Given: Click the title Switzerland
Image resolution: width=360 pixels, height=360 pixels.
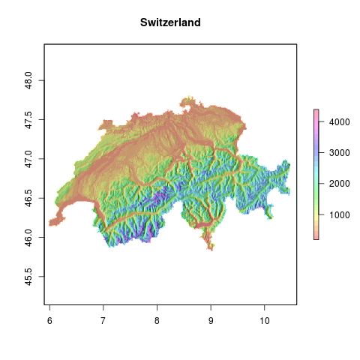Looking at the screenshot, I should tap(170, 23).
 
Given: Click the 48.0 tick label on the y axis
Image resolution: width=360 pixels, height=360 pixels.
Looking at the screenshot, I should tap(28, 80).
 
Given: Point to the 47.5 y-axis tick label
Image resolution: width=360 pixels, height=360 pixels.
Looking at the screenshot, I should tap(28, 119).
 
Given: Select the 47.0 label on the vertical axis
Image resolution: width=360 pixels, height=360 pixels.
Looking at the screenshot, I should tap(28, 159).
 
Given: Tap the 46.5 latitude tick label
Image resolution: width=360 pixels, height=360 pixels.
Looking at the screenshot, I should tap(28, 198).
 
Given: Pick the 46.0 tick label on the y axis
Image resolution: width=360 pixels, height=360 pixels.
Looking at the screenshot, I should tap(28, 238).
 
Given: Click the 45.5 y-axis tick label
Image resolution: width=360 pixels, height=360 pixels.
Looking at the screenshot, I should tap(28, 277).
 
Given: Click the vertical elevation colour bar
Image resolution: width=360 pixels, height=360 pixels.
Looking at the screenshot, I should tap(316, 174).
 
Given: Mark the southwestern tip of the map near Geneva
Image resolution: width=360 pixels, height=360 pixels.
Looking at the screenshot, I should tap(50, 223).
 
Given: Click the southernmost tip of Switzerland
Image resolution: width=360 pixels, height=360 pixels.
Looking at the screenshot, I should tap(212, 250).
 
